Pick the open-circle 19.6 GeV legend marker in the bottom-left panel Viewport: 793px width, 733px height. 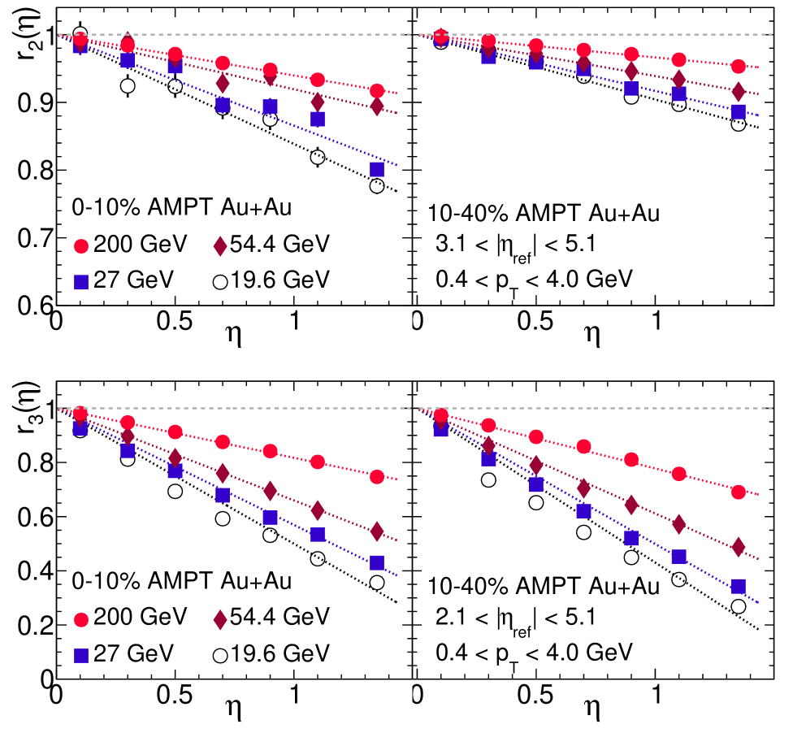(220, 653)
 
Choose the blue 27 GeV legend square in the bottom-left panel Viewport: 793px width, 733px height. (81, 653)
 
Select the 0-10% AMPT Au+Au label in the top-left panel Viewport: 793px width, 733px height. (182, 207)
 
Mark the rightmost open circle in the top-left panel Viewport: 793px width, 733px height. (377, 186)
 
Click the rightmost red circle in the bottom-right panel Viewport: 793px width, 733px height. (739, 492)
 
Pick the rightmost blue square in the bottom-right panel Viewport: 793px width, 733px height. (739, 587)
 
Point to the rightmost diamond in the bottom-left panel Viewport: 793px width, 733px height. (377, 531)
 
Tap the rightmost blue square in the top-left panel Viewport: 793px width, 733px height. (377, 169)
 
